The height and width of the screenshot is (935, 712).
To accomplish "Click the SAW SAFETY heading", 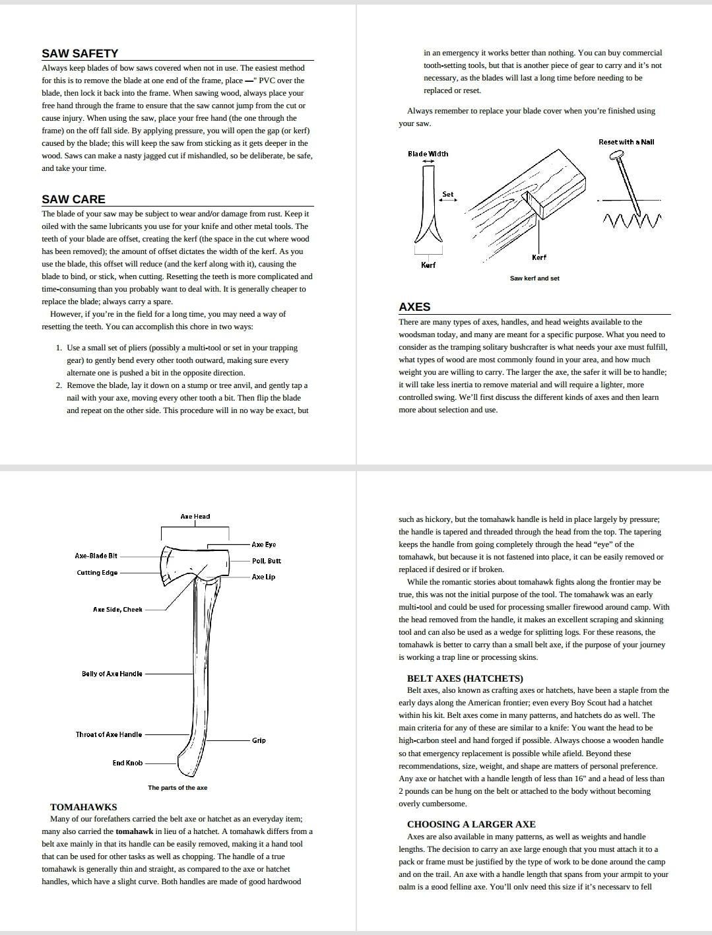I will [80, 53].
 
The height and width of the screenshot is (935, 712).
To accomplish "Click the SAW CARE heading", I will [73, 199].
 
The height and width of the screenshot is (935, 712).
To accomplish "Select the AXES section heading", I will [414, 307].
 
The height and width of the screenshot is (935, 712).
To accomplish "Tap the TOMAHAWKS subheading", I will [84, 807].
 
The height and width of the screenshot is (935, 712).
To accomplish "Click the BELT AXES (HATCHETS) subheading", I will [465, 678].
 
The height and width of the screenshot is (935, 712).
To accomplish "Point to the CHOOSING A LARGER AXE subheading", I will [471, 824].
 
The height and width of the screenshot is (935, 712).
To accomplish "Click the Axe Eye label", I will [264, 544].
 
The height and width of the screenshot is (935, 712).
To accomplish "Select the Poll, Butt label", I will [267, 561].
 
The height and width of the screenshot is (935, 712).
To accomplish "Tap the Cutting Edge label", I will [97, 573].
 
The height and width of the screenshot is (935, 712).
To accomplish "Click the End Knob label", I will [127, 763].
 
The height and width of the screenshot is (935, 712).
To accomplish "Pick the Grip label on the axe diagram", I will [259, 740].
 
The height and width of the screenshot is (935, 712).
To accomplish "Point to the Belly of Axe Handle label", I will [112, 674].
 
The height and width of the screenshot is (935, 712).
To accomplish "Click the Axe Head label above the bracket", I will [195, 517].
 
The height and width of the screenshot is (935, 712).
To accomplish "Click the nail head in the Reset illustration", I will [618, 156].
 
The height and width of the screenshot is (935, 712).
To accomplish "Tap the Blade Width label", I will [428, 154].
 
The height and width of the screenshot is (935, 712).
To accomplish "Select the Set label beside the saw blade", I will [448, 194].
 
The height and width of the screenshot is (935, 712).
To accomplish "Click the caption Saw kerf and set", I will [534, 278].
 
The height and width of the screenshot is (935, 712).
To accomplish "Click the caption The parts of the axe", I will [178, 788].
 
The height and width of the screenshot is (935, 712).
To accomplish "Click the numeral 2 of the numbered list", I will [59, 385].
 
